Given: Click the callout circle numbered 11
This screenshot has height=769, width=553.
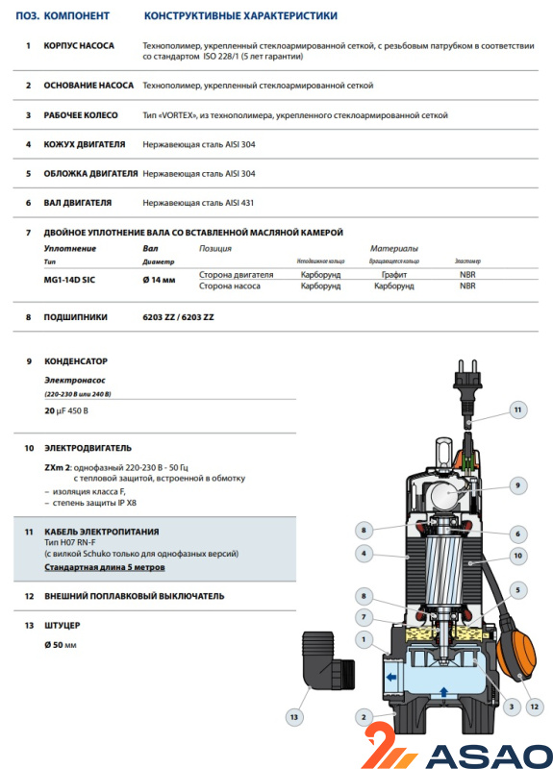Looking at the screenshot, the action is (x=517, y=409).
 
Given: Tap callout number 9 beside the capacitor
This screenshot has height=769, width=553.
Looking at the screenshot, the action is (x=517, y=485).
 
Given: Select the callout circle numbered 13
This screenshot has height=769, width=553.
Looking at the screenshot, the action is (x=294, y=717).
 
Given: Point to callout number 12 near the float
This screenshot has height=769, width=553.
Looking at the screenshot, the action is (x=535, y=707).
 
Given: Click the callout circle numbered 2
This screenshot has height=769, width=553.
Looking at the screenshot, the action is (x=364, y=717).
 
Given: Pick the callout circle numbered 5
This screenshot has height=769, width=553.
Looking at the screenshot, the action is (x=517, y=590).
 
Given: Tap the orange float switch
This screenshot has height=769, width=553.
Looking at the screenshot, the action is (x=516, y=653).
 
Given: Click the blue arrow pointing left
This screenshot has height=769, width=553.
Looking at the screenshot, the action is (x=391, y=678).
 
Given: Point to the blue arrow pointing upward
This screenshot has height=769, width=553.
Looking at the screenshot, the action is (x=443, y=692).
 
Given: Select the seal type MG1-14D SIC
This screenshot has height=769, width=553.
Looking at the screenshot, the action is (x=69, y=280).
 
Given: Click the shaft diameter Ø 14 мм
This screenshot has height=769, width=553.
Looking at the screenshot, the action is (x=159, y=280).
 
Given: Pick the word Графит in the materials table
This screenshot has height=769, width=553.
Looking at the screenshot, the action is (x=394, y=275).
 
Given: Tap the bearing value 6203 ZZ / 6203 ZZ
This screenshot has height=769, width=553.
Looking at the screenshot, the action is (x=178, y=317).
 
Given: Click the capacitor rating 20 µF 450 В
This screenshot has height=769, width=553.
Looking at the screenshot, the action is (x=66, y=411).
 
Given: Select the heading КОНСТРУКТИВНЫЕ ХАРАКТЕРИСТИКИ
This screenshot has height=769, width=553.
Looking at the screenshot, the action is (x=240, y=15).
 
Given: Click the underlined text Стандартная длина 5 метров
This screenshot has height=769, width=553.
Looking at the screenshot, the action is (x=105, y=567).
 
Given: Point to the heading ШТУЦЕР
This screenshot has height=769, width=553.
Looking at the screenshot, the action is (x=63, y=626).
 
